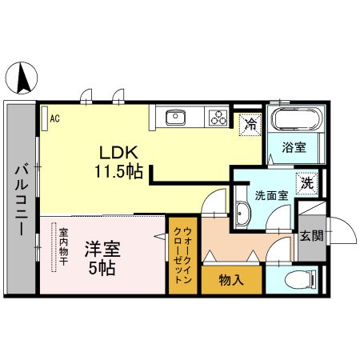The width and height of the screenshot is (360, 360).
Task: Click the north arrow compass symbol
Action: pos(22,78)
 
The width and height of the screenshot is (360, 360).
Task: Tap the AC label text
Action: pos(55,118)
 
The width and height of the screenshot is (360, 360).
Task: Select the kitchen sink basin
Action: pos(175,118)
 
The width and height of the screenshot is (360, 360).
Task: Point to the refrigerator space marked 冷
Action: pos(250,124)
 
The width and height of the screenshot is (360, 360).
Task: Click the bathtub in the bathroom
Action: pos(297,119)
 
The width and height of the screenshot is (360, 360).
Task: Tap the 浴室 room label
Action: pos(294,147)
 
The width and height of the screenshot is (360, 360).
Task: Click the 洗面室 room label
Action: pos(271,196)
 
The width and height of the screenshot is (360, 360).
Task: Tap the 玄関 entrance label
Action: pos(311,236)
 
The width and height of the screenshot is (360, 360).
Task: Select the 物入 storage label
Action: pos(231,281)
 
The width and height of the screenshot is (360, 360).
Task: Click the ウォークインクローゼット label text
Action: pos(182,255)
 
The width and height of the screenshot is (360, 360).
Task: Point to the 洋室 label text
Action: pos(102,250)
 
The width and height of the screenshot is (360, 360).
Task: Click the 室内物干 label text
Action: pos(63,246)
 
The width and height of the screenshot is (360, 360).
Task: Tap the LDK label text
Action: pos(118,153)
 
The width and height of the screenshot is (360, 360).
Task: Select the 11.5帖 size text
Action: pos(118,172)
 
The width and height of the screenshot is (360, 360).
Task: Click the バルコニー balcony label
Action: pos(22,201)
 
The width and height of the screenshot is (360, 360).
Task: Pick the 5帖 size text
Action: pos(102,268)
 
